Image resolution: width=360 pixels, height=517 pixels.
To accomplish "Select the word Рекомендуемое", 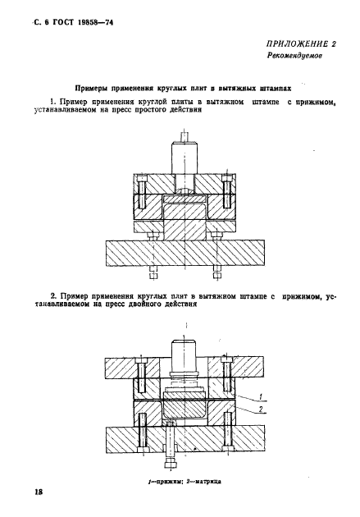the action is click(x=293, y=57).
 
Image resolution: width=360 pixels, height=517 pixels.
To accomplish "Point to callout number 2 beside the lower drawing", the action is click(x=260, y=409).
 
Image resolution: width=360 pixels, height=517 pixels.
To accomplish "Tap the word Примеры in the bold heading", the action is click(x=95, y=85).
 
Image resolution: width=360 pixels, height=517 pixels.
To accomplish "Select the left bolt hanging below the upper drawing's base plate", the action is click(x=153, y=269).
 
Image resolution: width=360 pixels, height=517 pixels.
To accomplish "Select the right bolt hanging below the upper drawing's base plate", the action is click(x=216, y=269).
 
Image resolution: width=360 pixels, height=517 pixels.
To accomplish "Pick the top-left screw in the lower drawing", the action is click(x=142, y=375).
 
